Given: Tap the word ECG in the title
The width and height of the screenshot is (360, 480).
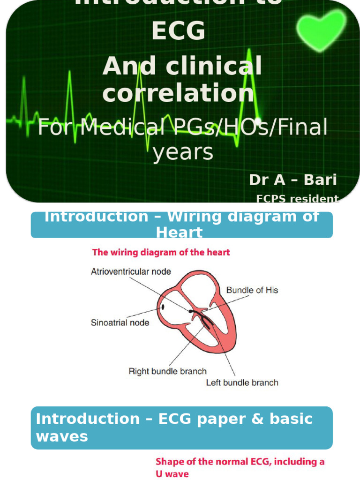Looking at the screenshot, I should click(x=178, y=32).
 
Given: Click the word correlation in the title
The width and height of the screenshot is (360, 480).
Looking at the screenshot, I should click(x=178, y=93).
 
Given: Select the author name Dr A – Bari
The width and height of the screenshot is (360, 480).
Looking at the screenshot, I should click(x=292, y=180).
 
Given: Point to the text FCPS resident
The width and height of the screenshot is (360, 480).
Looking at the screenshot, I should click(x=297, y=199).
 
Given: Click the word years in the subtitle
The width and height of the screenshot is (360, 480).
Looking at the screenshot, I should click(x=183, y=152).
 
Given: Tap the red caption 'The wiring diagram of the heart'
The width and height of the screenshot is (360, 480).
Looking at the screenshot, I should click(x=161, y=252).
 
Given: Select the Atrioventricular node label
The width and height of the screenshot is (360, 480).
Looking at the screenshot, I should click(x=131, y=271).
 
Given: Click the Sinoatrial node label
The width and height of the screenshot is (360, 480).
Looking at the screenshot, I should click(x=120, y=322).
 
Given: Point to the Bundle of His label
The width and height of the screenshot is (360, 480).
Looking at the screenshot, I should click(x=252, y=290).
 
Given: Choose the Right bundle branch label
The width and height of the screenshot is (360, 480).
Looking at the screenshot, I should click(x=167, y=371).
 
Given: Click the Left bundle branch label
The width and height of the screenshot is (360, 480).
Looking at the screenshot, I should click(x=242, y=382).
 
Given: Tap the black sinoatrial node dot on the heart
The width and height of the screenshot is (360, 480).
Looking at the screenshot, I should click(x=163, y=307).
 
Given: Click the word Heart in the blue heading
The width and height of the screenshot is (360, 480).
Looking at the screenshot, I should click(x=179, y=232).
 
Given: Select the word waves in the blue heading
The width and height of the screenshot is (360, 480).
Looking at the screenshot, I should click(x=62, y=436).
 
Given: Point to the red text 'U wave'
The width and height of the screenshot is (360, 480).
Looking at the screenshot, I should click(x=172, y=473).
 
